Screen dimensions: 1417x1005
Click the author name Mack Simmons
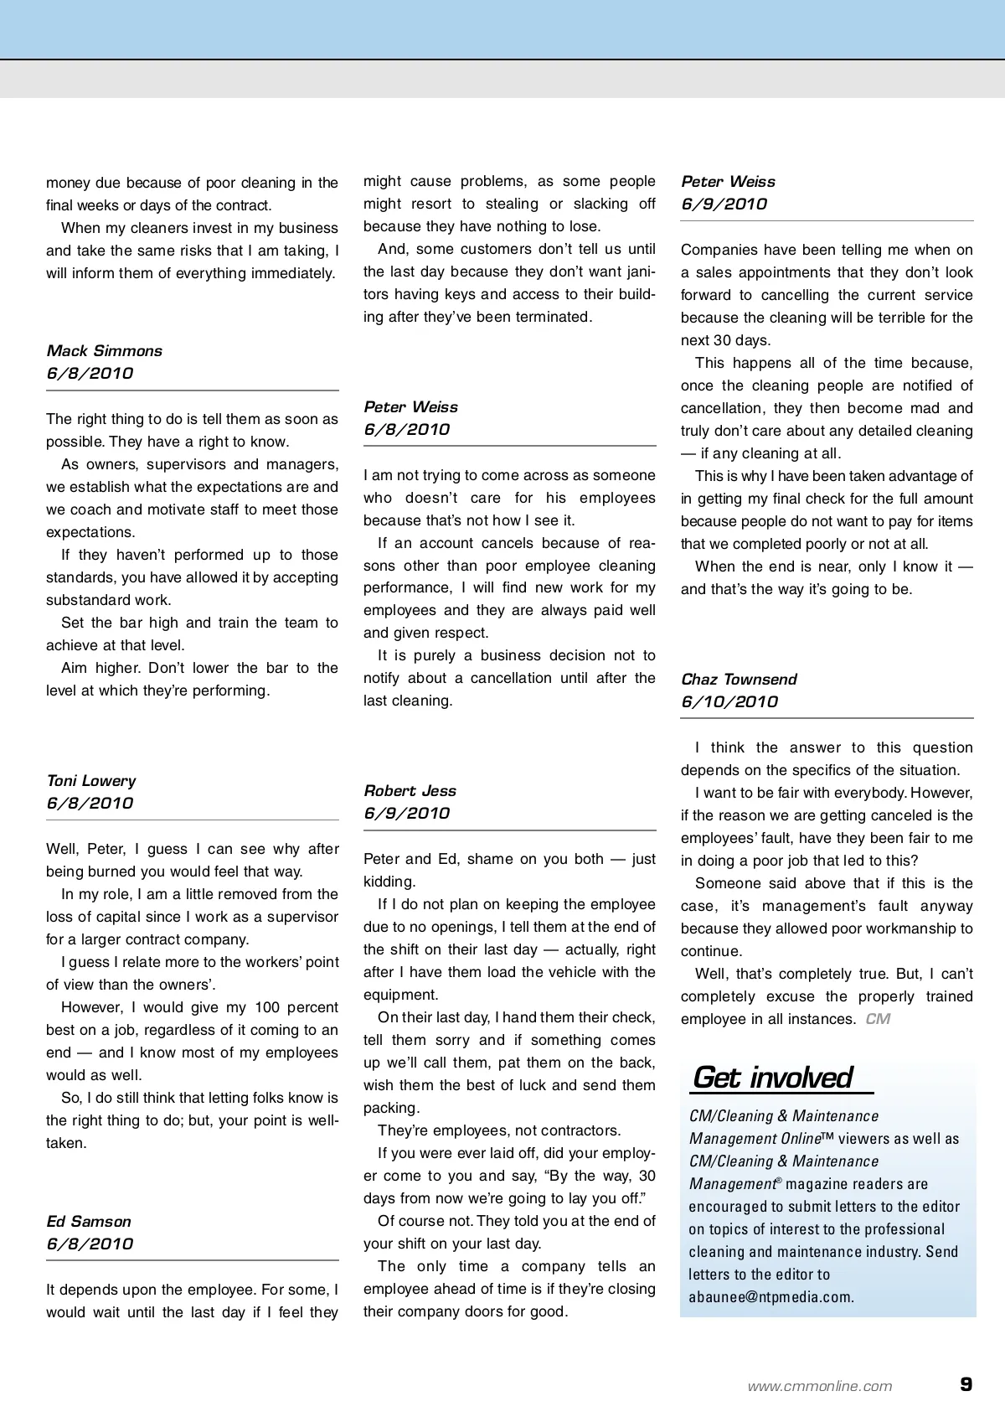click(104, 351)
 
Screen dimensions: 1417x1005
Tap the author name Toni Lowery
click(90, 781)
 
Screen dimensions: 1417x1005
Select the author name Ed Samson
click(89, 1222)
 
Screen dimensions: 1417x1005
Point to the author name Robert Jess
click(410, 791)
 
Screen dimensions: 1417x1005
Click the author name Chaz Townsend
click(739, 680)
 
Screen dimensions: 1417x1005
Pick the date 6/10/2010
click(729, 702)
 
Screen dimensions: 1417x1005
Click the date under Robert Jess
click(406, 814)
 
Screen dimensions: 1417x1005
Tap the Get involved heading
click(772, 1078)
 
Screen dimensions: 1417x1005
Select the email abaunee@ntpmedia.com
click(770, 1297)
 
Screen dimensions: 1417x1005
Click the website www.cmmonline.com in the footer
click(820, 1386)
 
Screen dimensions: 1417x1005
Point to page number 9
click(966, 1384)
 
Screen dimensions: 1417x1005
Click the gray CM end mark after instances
click(878, 1019)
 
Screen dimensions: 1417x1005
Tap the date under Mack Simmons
click(90, 374)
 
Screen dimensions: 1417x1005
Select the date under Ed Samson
click(90, 1244)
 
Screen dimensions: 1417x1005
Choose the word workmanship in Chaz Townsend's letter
click(909, 928)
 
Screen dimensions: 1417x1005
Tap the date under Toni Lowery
click(90, 804)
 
